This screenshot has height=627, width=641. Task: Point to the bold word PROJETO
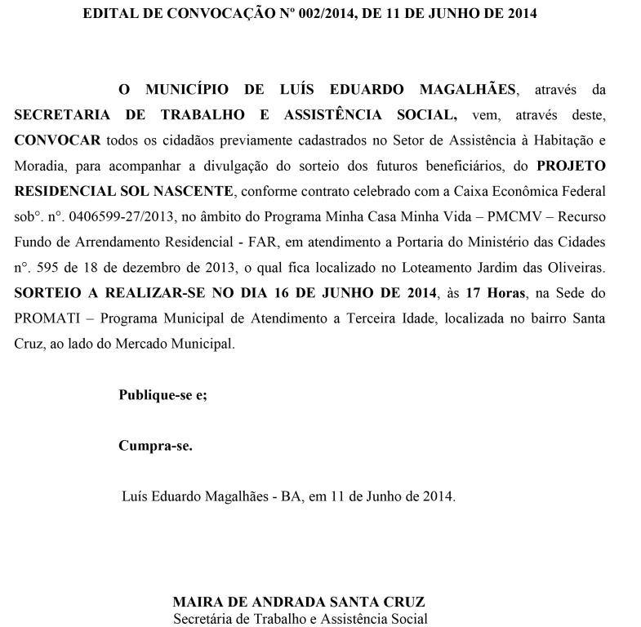pyautogui.click(x=571, y=166)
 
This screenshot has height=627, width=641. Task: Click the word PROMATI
pyautogui.click(x=43, y=318)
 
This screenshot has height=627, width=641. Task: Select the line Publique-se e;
pyautogui.click(x=162, y=395)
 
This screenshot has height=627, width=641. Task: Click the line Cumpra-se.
pyautogui.click(x=155, y=446)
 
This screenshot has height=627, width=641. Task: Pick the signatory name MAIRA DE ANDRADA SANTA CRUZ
pyautogui.click(x=299, y=603)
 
